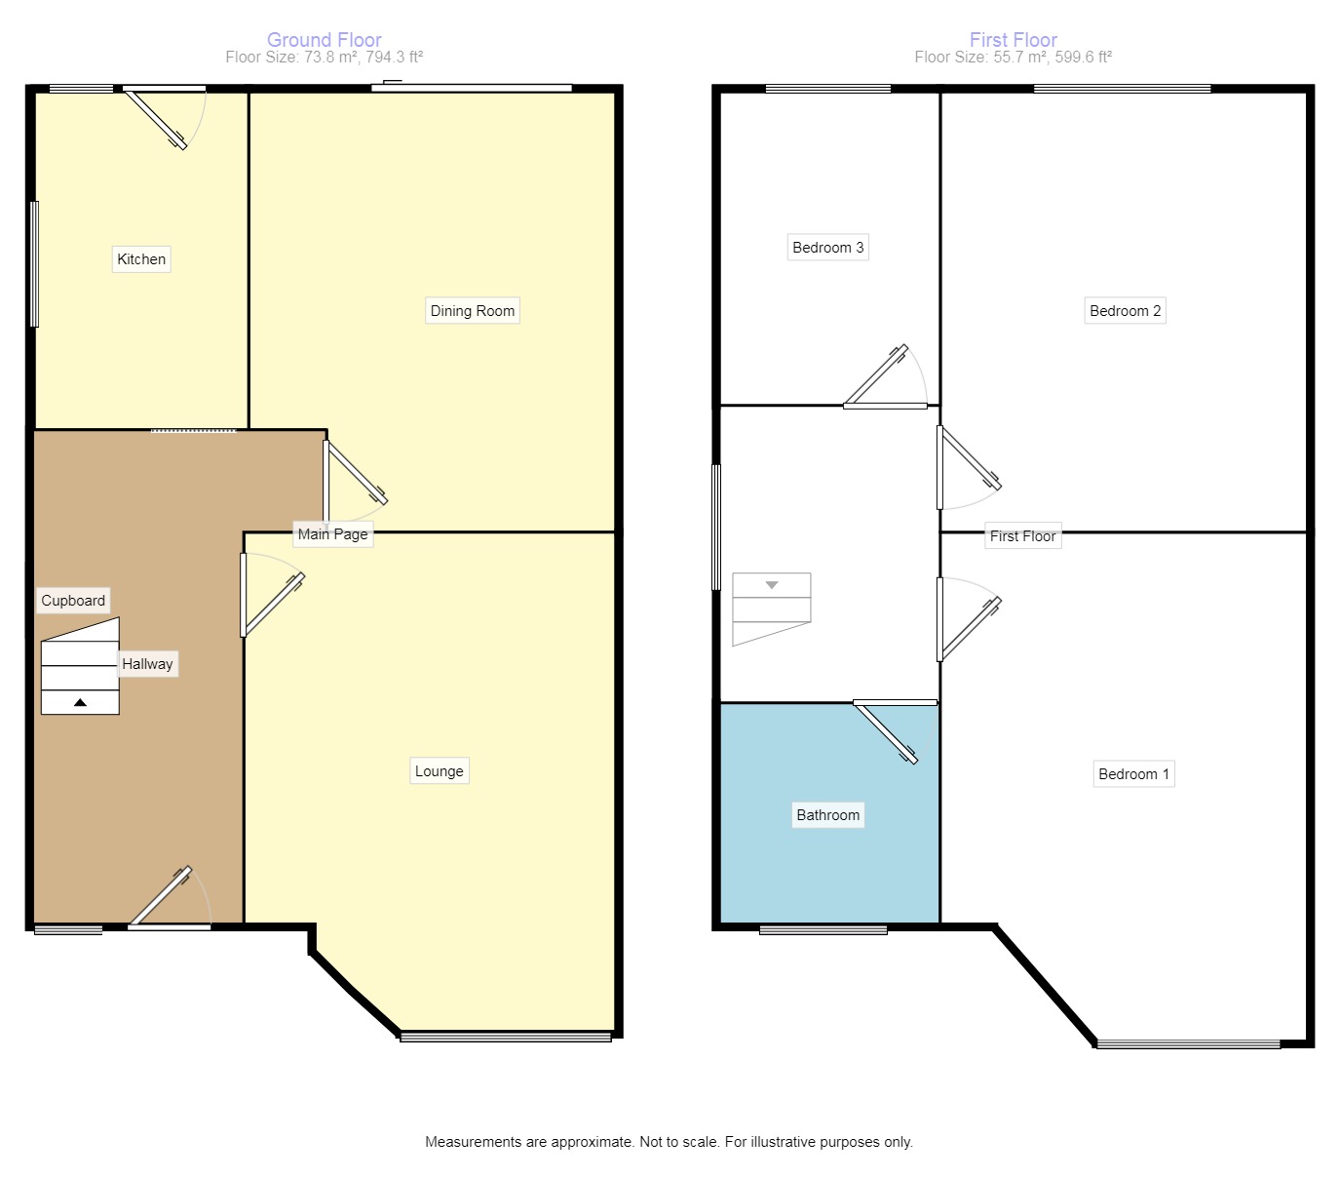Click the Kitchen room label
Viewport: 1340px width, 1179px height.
click(141, 259)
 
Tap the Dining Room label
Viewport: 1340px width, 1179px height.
click(473, 311)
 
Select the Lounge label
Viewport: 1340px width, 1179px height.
click(440, 771)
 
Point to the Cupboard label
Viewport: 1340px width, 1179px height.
click(73, 601)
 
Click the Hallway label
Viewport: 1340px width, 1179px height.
click(148, 664)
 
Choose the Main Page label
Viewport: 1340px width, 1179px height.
click(333, 534)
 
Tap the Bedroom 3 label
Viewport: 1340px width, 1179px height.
click(828, 248)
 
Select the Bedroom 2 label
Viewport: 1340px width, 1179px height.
click(1126, 311)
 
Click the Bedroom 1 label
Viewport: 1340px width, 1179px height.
click(1133, 774)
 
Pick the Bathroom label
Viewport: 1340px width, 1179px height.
click(828, 815)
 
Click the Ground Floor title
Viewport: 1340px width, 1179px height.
click(325, 40)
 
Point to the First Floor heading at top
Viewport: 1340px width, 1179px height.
click(1014, 40)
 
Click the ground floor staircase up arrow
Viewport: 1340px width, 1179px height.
click(80, 702)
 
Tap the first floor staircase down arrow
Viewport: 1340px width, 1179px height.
click(772, 585)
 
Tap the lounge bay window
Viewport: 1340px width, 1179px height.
click(506, 1036)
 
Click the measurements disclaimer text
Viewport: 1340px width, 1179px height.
click(669, 1142)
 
